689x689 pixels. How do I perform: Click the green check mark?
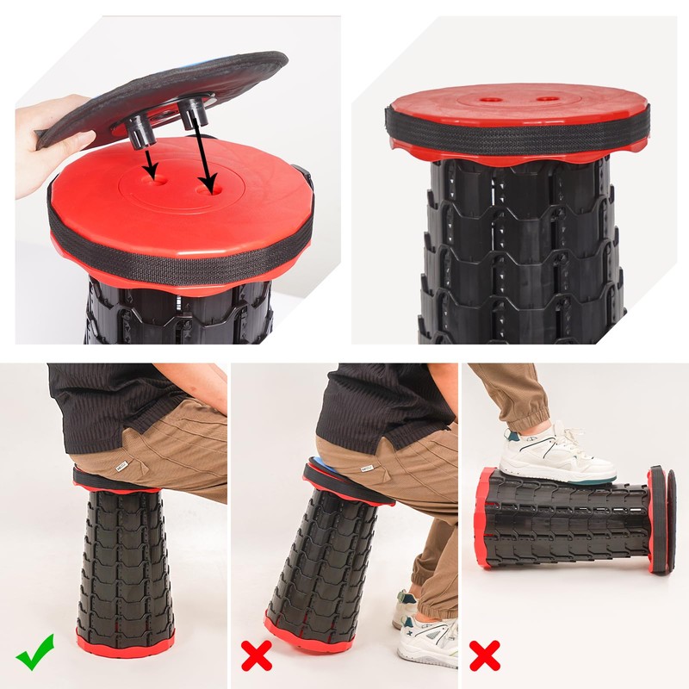(35, 652)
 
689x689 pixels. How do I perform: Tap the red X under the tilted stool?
(256, 655)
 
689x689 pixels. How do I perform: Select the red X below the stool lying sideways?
(485, 655)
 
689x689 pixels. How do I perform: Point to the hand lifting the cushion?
(47, 142)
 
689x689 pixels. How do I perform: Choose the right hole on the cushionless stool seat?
(545, 99)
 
